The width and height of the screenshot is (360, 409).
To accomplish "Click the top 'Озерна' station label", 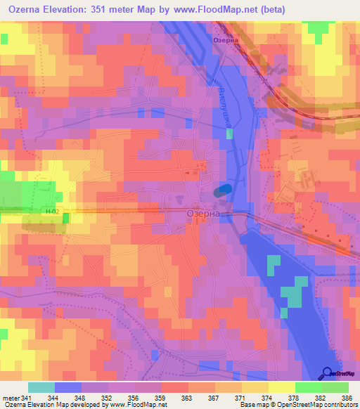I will click(226, 41).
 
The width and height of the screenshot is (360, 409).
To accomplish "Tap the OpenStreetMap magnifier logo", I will click(328, 373).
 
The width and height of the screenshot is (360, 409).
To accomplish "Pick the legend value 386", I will click(347, 397).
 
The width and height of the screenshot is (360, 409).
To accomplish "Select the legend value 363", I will click(188, 397).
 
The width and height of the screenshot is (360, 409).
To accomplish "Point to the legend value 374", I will click(267, 397).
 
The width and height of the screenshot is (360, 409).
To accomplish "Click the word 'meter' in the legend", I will click(10, 397).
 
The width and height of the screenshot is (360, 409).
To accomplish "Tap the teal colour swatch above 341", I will click(41, 387).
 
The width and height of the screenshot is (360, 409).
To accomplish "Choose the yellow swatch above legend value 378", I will click(281, 387).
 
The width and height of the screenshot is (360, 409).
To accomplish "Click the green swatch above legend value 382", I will click(307, 387).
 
